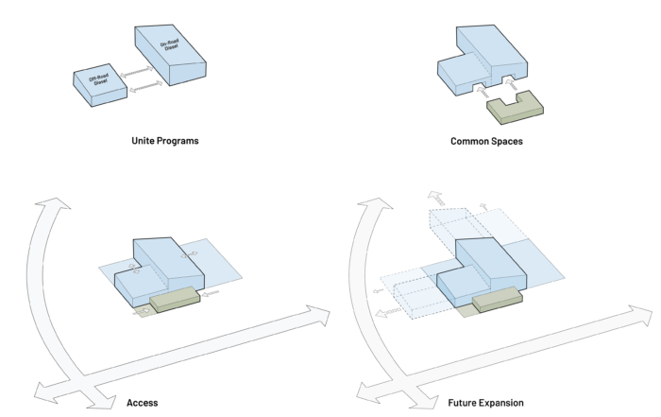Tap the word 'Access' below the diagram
pyautogui.click(x=143, y=402)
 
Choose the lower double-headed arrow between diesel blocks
pyautogui.click(x=144, y=87)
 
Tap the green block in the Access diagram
pyautogui.click(x=174, y=300)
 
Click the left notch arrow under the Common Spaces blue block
pyautogui.click(x=480, y=92)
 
